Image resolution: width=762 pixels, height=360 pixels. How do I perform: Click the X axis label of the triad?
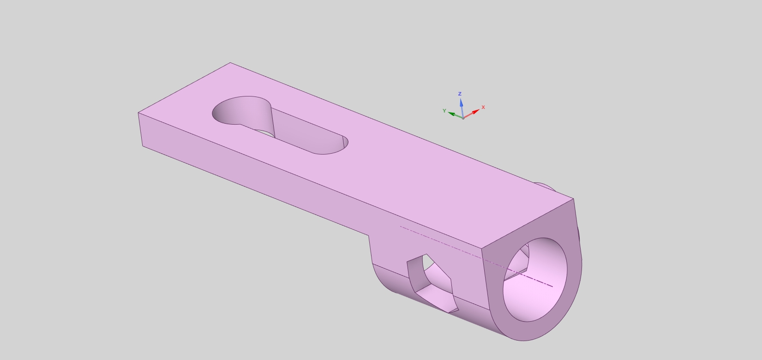tap(483, 107)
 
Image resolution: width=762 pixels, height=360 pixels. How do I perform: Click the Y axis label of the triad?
tap(444, 111)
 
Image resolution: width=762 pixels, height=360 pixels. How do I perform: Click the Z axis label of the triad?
tap(460, 94)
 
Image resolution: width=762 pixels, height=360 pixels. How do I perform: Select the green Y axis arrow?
tap(456, 114)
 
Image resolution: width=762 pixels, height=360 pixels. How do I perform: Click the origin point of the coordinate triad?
tap(463, 118)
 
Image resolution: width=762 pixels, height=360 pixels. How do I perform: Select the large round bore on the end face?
tap(535, 280)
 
